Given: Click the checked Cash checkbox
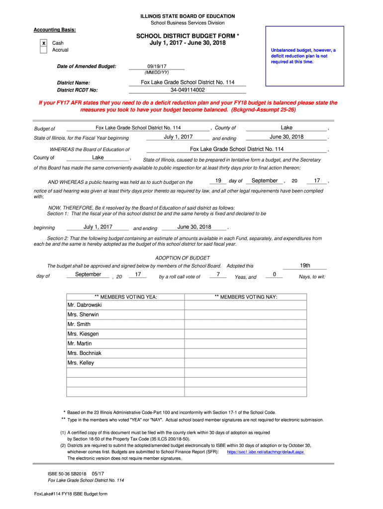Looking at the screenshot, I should tap(43, 43).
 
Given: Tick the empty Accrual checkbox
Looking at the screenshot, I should tap(43, 50).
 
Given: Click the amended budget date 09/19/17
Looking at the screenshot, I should tap(156, 66).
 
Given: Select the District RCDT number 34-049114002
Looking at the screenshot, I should tap(187, 90).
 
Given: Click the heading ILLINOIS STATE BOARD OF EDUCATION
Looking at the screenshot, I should tap(188, 16).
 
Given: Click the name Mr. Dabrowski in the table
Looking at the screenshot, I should tap(85, 305).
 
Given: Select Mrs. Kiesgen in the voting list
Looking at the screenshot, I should tap(83, 334).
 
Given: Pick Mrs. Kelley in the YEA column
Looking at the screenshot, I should tap(81, 363).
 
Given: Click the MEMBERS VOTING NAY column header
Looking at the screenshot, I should tap(246, 297).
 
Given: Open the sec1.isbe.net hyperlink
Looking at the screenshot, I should tap(266, 452).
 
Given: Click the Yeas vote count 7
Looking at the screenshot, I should tap(218, 274).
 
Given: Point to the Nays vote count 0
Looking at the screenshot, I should tap(275, 274).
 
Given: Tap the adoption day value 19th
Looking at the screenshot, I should tap(305, 265).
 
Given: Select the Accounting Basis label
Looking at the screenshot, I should tap(55, 30).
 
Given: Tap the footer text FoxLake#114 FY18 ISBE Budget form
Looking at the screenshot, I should tap(71, 494).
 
